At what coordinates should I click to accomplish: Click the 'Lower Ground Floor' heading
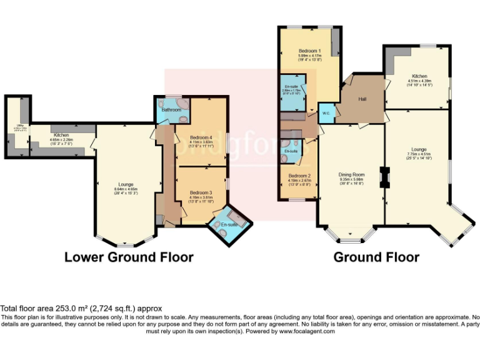pyautogui.click(x=129, y=257)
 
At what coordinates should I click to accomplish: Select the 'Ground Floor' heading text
pyautogui.click(x=376, y=257)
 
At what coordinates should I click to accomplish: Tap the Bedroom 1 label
pyautogui.click(x=310, y=50)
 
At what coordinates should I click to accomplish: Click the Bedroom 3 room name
pyautogui.click(x=201, y=192)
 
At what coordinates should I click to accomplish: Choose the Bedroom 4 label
pyautogui.click(x=201, y=137)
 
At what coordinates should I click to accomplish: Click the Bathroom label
pyautogui.click(x=171, y=110)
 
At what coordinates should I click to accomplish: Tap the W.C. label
pyautogui.click(x=326, y=113)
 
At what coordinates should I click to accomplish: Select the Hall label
pyautogui.click(x=362, y=99)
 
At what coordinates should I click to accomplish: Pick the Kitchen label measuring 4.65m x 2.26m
pyautogui.click(x=61, y=135)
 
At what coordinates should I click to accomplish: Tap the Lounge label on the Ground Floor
pyautogui.click(x=419, y=149)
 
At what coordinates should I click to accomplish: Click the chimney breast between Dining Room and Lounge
pyautogui.click(x=385, y=178)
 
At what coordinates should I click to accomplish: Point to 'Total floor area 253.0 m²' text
pyautogui.click(x=81, y=308)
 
